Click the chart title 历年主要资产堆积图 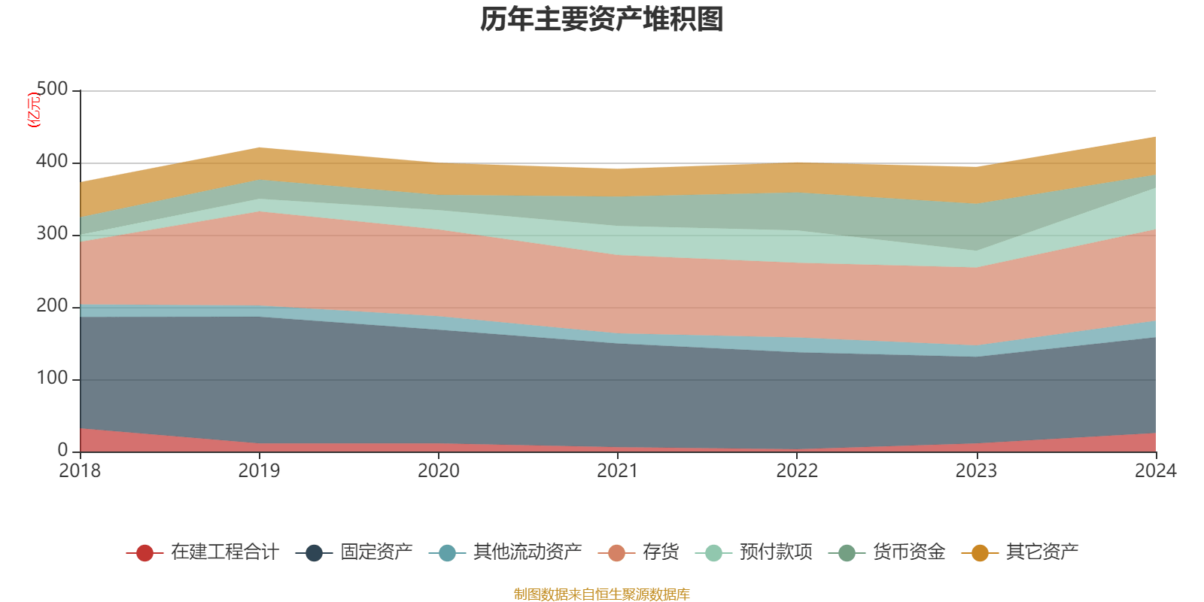[602, 20]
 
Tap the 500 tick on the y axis [52, 90]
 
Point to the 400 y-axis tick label [52, 162]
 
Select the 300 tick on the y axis [52, 234]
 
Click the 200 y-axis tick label [52, 306]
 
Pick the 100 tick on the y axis [52, 379]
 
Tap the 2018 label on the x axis [80, 471]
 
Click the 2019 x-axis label [259, 471]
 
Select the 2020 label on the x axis [438, 471]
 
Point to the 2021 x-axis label [617, 471]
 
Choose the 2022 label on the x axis [797, 471]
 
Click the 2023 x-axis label [976, 471]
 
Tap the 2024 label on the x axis [1155, 471]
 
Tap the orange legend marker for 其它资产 [980, 553]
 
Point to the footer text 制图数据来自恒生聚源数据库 [602, 594]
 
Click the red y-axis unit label [34, 110]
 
